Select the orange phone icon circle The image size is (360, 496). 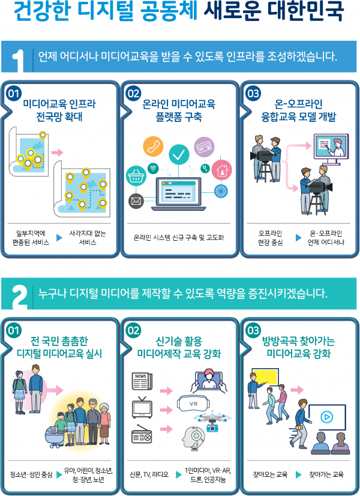pos(152,147)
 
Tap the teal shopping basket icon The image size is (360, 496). pos(135,176)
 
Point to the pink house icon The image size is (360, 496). pos(221,170)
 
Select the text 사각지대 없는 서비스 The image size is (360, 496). pos(88,238)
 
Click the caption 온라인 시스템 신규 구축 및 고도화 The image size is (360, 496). pos(179,238)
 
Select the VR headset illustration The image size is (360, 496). pos(194,404)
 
